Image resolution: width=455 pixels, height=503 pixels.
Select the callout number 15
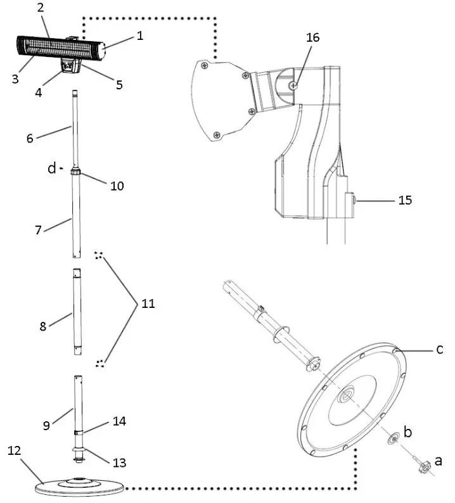coord(405,200)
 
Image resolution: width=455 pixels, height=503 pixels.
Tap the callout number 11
coord(147,303)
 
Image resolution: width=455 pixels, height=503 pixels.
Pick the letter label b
coord(408,432)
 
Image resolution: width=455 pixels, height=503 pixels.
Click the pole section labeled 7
coord(76,215)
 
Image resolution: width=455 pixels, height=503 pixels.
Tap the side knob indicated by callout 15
coord(351,200)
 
